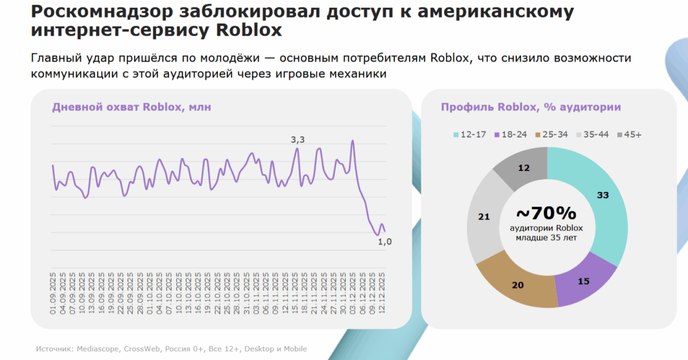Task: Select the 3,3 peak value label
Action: click(x=298, y=139)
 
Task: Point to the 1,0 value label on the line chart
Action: click(x=384, y=241)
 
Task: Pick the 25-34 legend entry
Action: click(x=552, y=135)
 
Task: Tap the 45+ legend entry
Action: click(x=629, y=135)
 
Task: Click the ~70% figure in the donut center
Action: click(x=547, y=214)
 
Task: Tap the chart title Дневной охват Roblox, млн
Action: click(x=132, y=107)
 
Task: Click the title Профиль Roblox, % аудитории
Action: click(x=531, y=107)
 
